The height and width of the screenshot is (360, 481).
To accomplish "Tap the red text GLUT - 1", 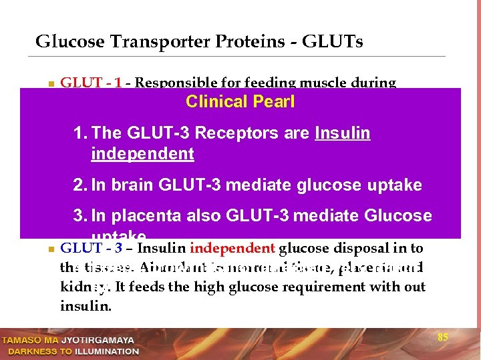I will tap(91, 83).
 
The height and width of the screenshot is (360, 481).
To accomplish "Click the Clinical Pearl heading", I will tap(240, 102).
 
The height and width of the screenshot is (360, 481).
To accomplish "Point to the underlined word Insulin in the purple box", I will tap(342, 133).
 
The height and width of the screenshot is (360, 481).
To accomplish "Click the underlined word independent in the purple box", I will tap(142, 154).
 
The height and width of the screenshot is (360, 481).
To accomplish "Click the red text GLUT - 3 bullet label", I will tap(91, 249).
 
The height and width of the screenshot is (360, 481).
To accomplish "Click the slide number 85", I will tap(442, 338).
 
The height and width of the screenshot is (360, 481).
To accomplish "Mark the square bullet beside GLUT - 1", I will tap(50, 85).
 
